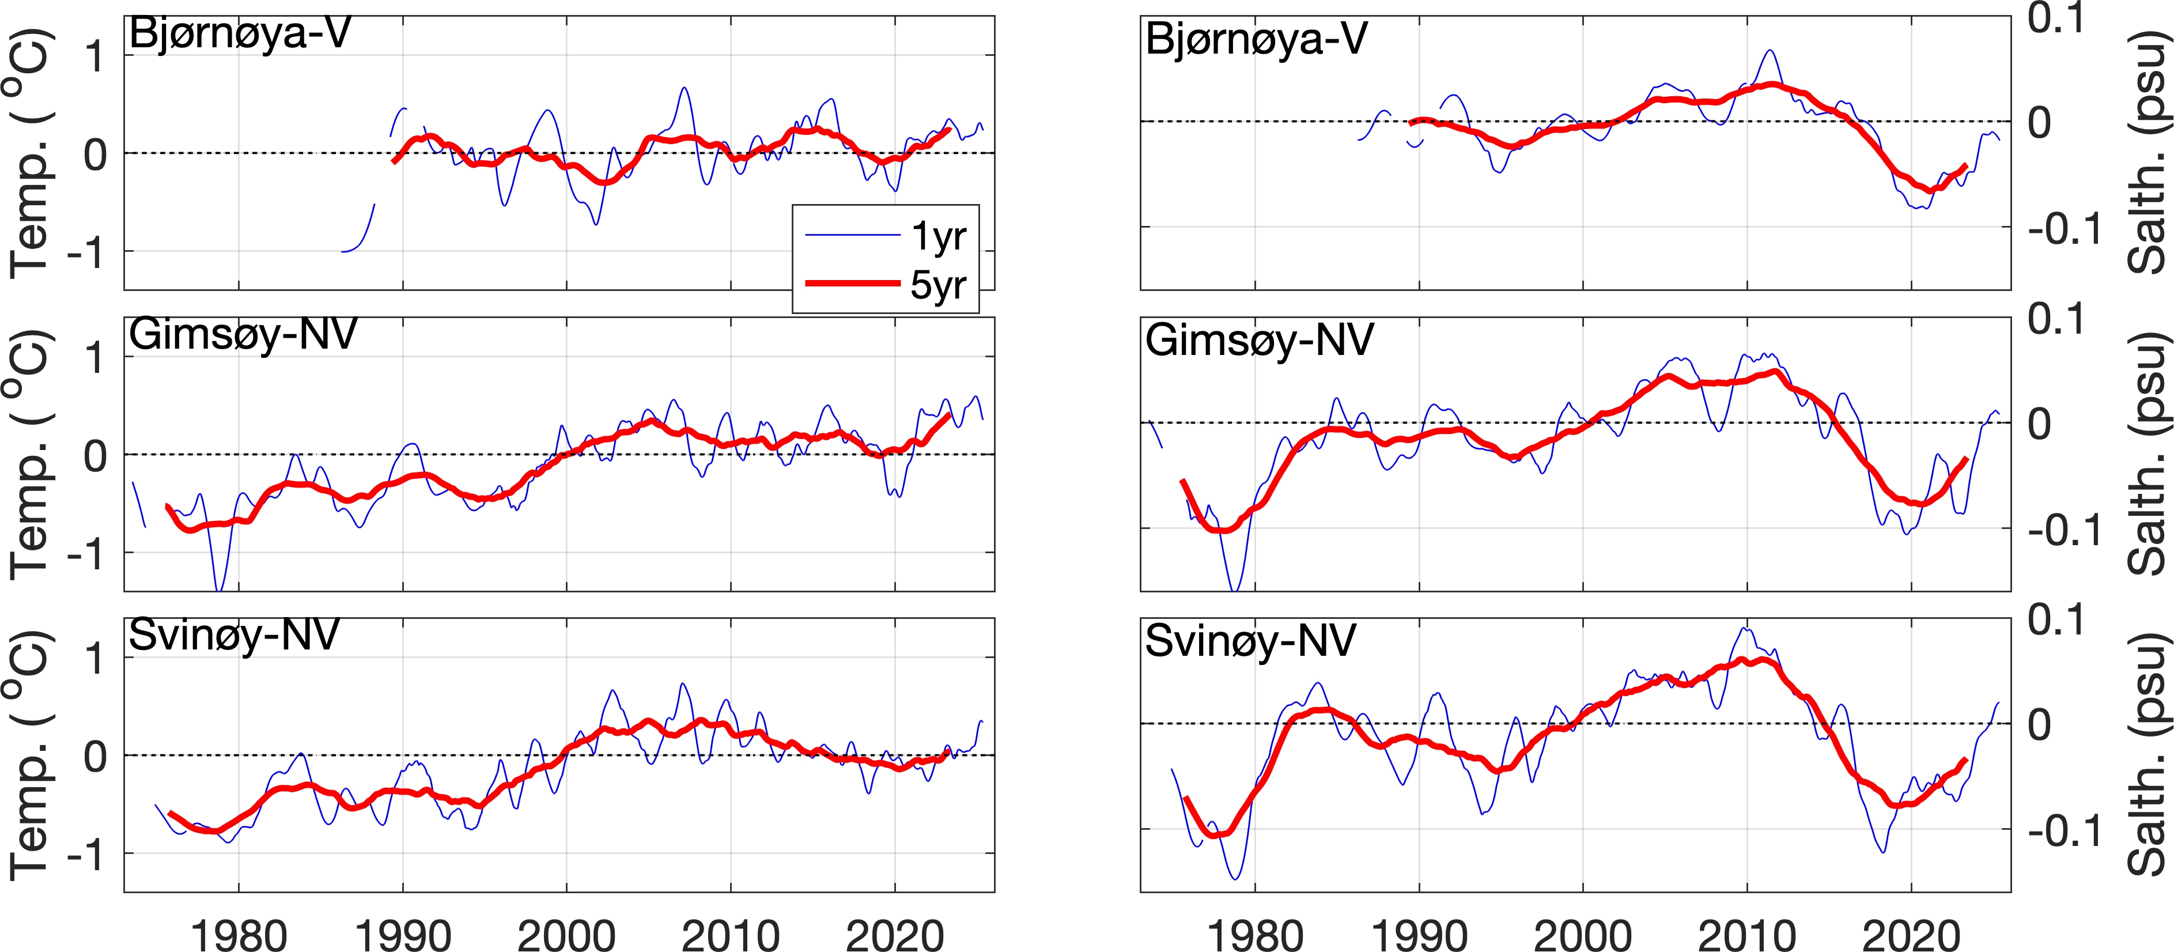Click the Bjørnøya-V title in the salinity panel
(x=1256, y=40)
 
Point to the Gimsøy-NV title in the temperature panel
(x=243, y=335)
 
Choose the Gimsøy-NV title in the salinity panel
(x=1259, y=341)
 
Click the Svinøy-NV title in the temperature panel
(x=234, y=636)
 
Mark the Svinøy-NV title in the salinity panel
(x=1250, y=641)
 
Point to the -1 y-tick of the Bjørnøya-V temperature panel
(x=84, y=251)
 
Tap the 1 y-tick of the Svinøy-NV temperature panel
(x=94, y=658)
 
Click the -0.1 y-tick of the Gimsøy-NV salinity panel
(x=2065, y=530)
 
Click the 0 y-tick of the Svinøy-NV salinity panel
(x=2039, y=725)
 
